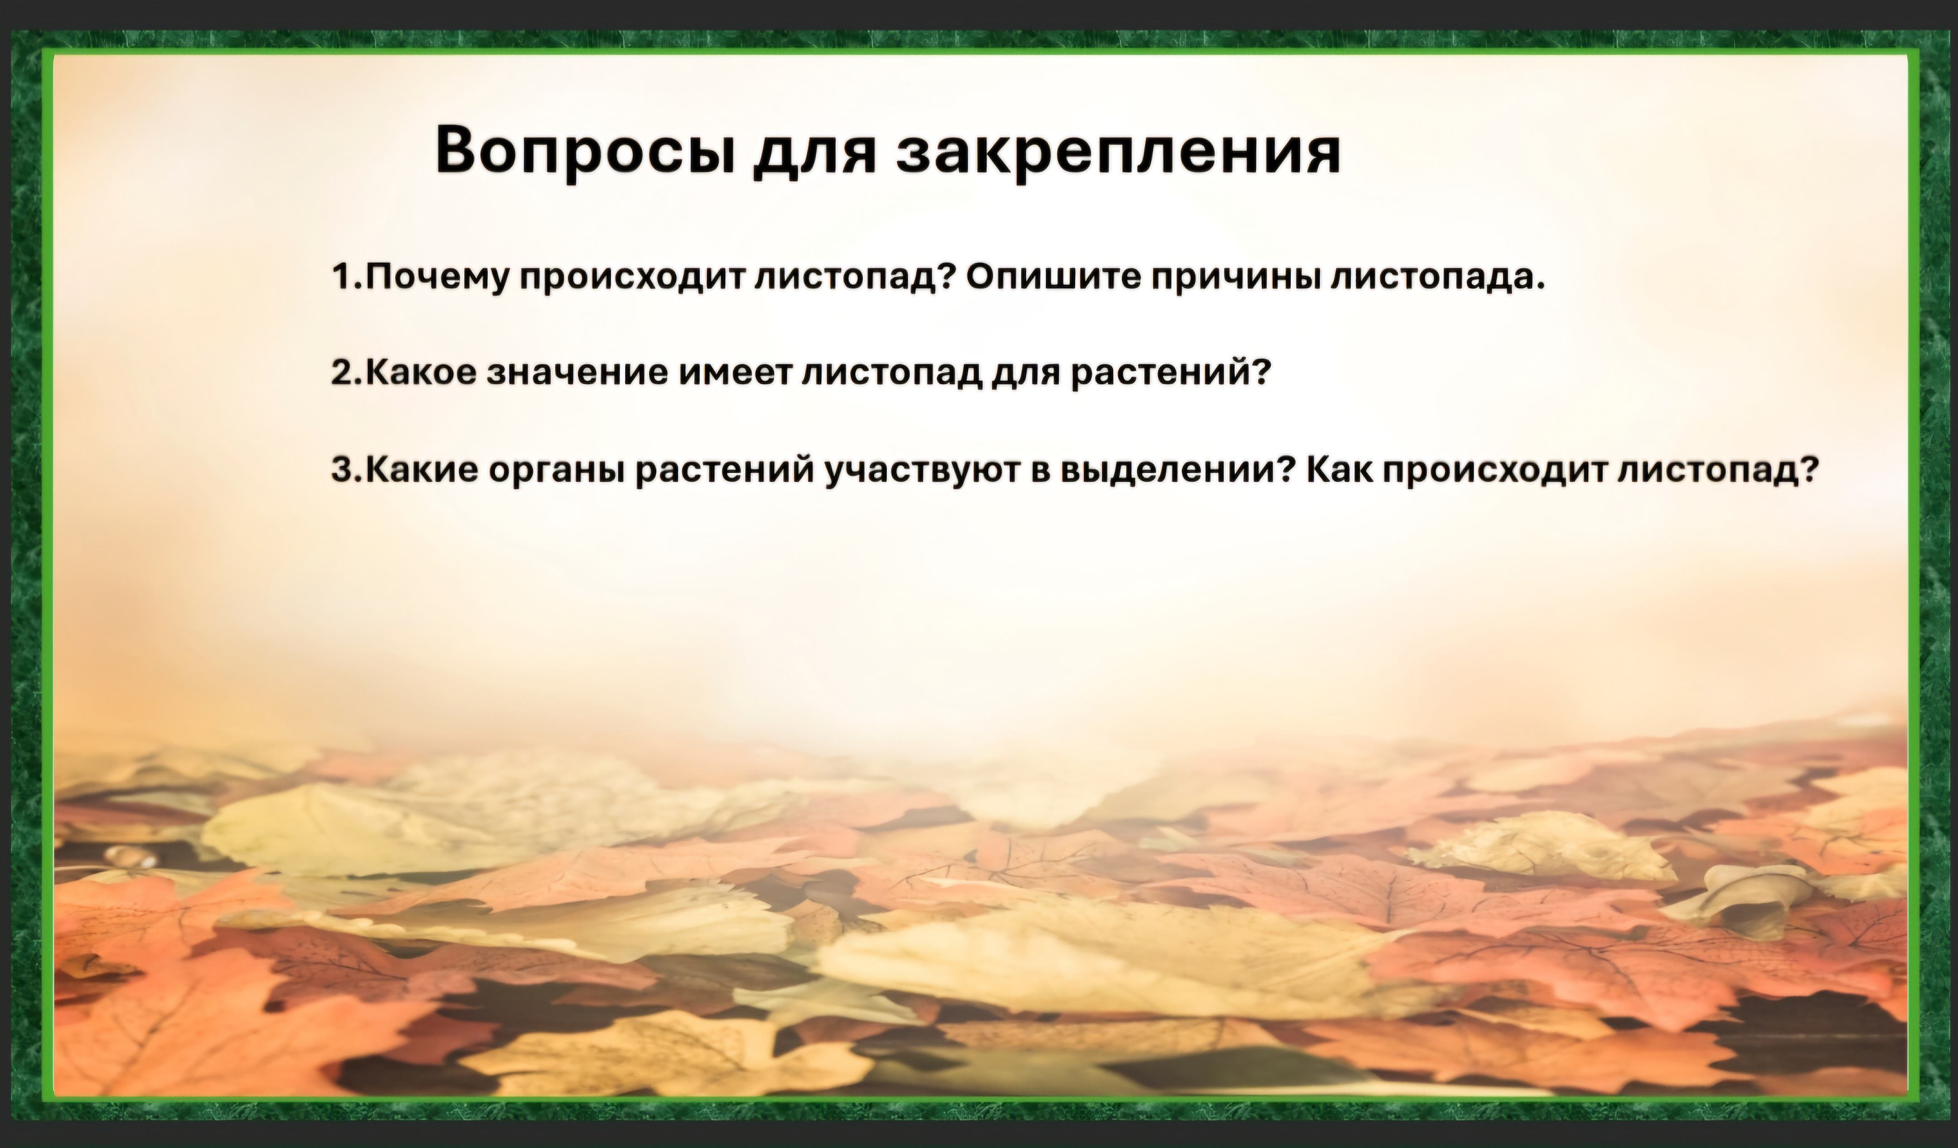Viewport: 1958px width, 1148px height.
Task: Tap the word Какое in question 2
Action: click(420, 373)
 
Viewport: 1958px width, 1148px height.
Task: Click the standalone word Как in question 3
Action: click(1338, 469)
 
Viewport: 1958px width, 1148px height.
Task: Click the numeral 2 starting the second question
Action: click(341, 373)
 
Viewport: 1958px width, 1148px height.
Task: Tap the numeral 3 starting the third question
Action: click(341, 469)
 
